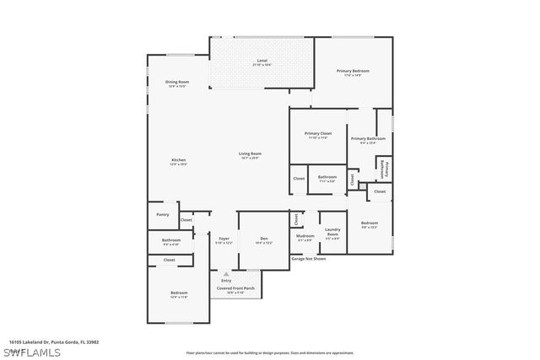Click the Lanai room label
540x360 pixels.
pos(262,61)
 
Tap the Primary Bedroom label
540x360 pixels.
pos(354,71)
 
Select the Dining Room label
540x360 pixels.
pos(177,81)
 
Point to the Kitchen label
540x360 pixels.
pos(179,160)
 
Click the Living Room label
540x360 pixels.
pos(250,153)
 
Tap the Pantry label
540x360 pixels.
pos(163,214)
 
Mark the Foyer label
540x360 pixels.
pos(224,239)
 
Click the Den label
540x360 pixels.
pos(264,239)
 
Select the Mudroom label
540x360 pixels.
pos(305,236)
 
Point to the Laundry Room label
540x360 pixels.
pos(332,233)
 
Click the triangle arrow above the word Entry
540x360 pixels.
pos(225,273)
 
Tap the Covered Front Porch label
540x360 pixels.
pos(235,287)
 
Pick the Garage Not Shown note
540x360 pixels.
pos(308,259)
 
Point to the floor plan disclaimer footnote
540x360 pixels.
pos(270,352)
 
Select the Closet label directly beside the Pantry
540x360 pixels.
pos(186,220)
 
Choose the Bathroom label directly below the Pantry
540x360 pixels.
pos(171,239)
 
